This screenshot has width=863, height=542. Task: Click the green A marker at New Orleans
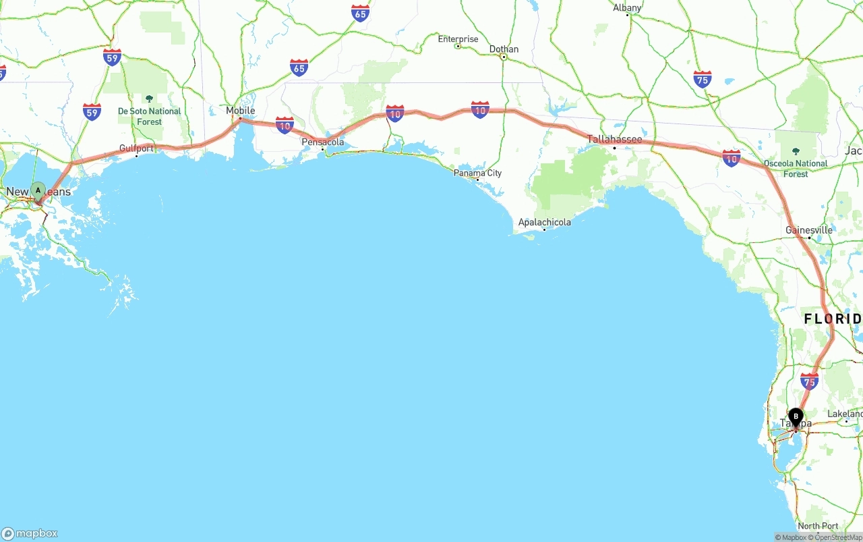pyautogui.click(x=38, y=190)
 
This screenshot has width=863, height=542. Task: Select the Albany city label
pyautogui.click(x=627, y=8)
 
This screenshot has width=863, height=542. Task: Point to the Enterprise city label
pyautogui.click(x=458, y=39)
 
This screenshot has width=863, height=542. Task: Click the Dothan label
pyautogui.click(x=504, y=49)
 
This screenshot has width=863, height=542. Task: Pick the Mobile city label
pyautogui.click(x=241, y=111)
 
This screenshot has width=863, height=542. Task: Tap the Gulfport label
pyautogui.click(x=136, y=148)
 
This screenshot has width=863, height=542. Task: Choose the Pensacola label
pyautogui.click(x=323, y=142)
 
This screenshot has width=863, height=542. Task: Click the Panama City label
pyautogui.click(x=478, y=173)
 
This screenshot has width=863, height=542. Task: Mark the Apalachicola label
pyautogui.click(x=544, y=222)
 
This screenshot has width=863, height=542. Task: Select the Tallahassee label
pyautogui.click(x=614, y=139)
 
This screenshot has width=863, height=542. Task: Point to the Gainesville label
pyautogui.click(x=809, y=230)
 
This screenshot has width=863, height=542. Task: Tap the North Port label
pyautogui.click(x=818, y=526)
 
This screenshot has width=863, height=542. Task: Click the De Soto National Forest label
pyautogui.click(x=150, y=116)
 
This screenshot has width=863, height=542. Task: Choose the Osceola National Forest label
pyautogui.click(x=796, y=168)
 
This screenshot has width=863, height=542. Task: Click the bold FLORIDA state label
pyautogui.click(x=832, y=319)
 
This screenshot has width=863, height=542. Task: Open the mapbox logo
pyautogui.click(x=30, y=534)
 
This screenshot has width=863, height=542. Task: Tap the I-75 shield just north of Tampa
pyautogui.click(x=809, y=381)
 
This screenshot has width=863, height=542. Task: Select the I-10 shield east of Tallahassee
pyautogui.click(x=732, y=158)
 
